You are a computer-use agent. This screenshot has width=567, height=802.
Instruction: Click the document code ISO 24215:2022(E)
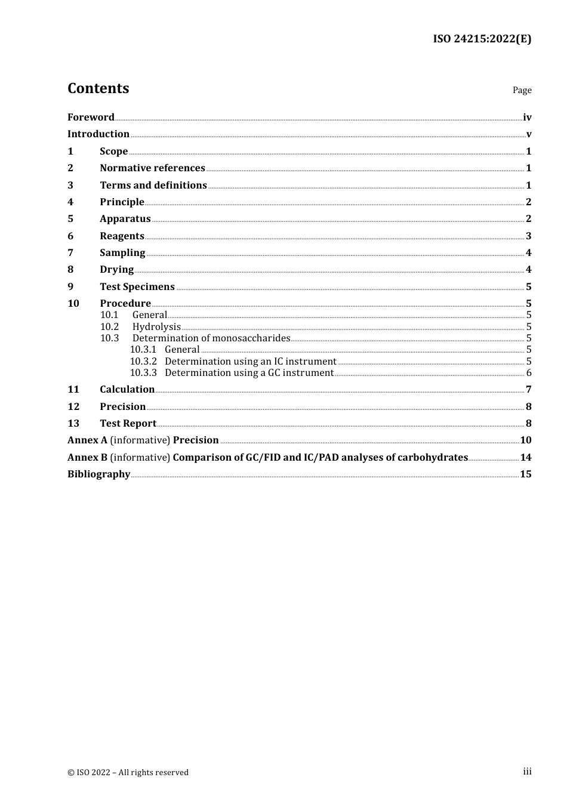coord(482,39)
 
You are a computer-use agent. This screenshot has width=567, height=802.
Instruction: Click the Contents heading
coord(98,88)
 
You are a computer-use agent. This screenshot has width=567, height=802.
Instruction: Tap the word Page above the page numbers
coord(522,90)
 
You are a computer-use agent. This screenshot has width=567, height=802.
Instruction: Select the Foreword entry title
coord(91,117)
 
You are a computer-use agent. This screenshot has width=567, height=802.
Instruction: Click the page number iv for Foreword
coord(527,118)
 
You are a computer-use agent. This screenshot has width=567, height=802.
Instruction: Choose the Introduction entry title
coord(98,134)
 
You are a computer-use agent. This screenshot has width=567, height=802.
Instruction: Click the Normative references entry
coord(152,168)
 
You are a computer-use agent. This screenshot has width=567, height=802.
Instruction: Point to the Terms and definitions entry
coord(153,185)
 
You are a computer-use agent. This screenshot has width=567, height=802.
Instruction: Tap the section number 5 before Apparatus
coord(70,218)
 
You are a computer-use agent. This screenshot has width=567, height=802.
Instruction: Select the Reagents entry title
coord(122,236)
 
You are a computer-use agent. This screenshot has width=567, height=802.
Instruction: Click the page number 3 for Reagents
coord(528,236)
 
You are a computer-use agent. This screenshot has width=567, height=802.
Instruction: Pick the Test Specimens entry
coord(137,286)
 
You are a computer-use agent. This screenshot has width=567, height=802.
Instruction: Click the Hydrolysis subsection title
coord(156,326)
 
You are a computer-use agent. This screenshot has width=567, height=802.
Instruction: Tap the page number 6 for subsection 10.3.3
coord(529,373)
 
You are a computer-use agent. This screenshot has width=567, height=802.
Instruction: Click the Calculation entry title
coord(127,389)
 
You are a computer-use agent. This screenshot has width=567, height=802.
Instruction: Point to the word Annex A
coord(87,440)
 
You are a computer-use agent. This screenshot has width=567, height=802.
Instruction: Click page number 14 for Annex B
coord(525,457)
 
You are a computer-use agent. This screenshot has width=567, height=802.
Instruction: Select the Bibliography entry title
coord(98,474)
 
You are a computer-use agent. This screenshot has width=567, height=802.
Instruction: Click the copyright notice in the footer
coord(128,772)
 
